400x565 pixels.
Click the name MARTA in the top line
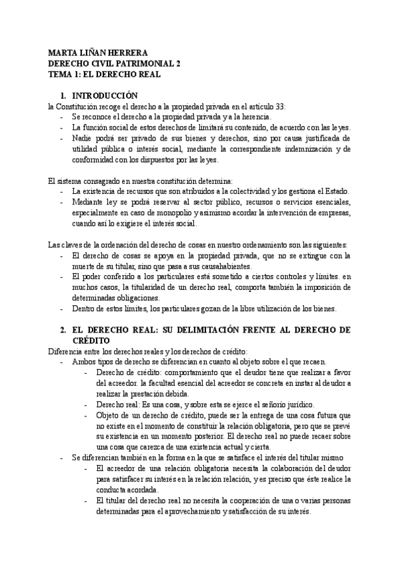[63, 53]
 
